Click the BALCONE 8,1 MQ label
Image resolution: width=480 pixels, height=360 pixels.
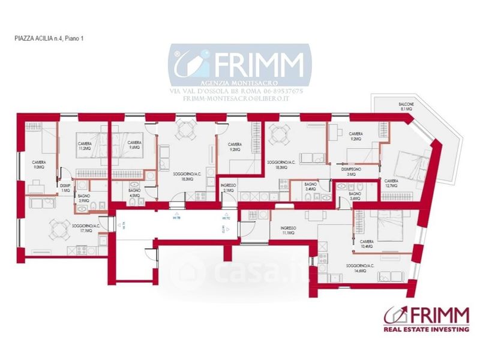(x=406, y=107)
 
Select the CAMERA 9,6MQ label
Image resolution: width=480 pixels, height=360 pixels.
(x=134, y=145)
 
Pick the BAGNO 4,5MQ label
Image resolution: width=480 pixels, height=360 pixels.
(x=134, y=193)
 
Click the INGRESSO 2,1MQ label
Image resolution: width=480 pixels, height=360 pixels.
(x=227, y=188)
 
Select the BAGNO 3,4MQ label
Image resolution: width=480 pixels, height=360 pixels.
(x=310, y=187)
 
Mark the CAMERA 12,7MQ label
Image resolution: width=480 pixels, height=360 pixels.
(x=391, y=183)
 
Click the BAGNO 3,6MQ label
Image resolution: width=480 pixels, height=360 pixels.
(x=355, y=196)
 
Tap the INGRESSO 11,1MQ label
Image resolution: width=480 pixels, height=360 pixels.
(x=289, y=230)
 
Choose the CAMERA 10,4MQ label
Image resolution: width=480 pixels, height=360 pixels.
(x=367, y=244)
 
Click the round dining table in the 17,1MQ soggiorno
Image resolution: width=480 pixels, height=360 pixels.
(x=58, y=226)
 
